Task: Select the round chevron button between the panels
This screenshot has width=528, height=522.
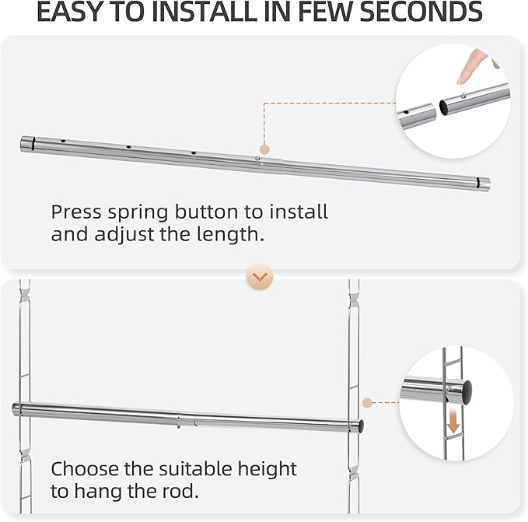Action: (259, 276)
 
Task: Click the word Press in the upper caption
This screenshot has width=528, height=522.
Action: (76, 212)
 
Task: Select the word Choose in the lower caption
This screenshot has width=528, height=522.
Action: (86, 469)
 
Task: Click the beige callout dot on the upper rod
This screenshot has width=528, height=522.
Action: (264, 149)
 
